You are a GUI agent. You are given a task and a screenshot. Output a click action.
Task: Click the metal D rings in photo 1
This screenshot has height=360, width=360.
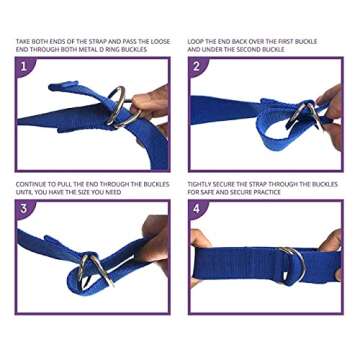[x=119, y=108]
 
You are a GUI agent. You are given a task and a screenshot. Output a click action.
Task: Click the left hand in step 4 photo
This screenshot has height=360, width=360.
[x=200, y=251]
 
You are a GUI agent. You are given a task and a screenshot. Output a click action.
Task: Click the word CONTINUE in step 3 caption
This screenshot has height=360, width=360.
[x=31, y=183]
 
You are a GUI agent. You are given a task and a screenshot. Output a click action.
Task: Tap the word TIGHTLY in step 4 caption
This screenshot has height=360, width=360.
[x=201, y=183]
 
